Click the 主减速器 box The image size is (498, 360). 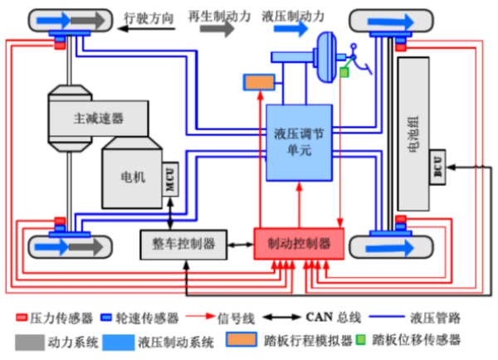coord(98,118)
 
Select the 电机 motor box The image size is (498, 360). coord(131,177)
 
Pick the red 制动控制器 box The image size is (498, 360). coord(298,244)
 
